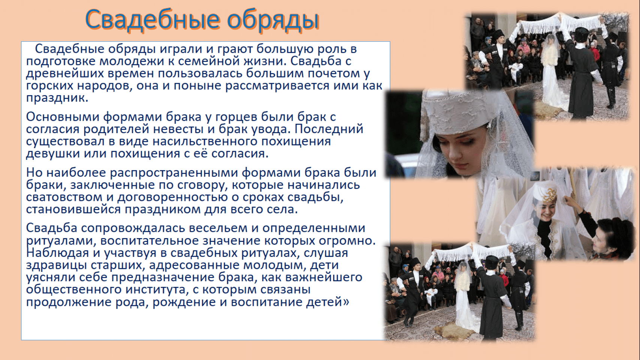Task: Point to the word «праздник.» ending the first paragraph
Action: [x=57, y=98]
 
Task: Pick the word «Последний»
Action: [x=329, y=129]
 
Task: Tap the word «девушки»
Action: [x=53, y=154]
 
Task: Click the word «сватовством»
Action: [x=64, y=197]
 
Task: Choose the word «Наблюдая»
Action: [x=57, y=253]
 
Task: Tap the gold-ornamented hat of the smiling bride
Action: [x=545, y=193]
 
